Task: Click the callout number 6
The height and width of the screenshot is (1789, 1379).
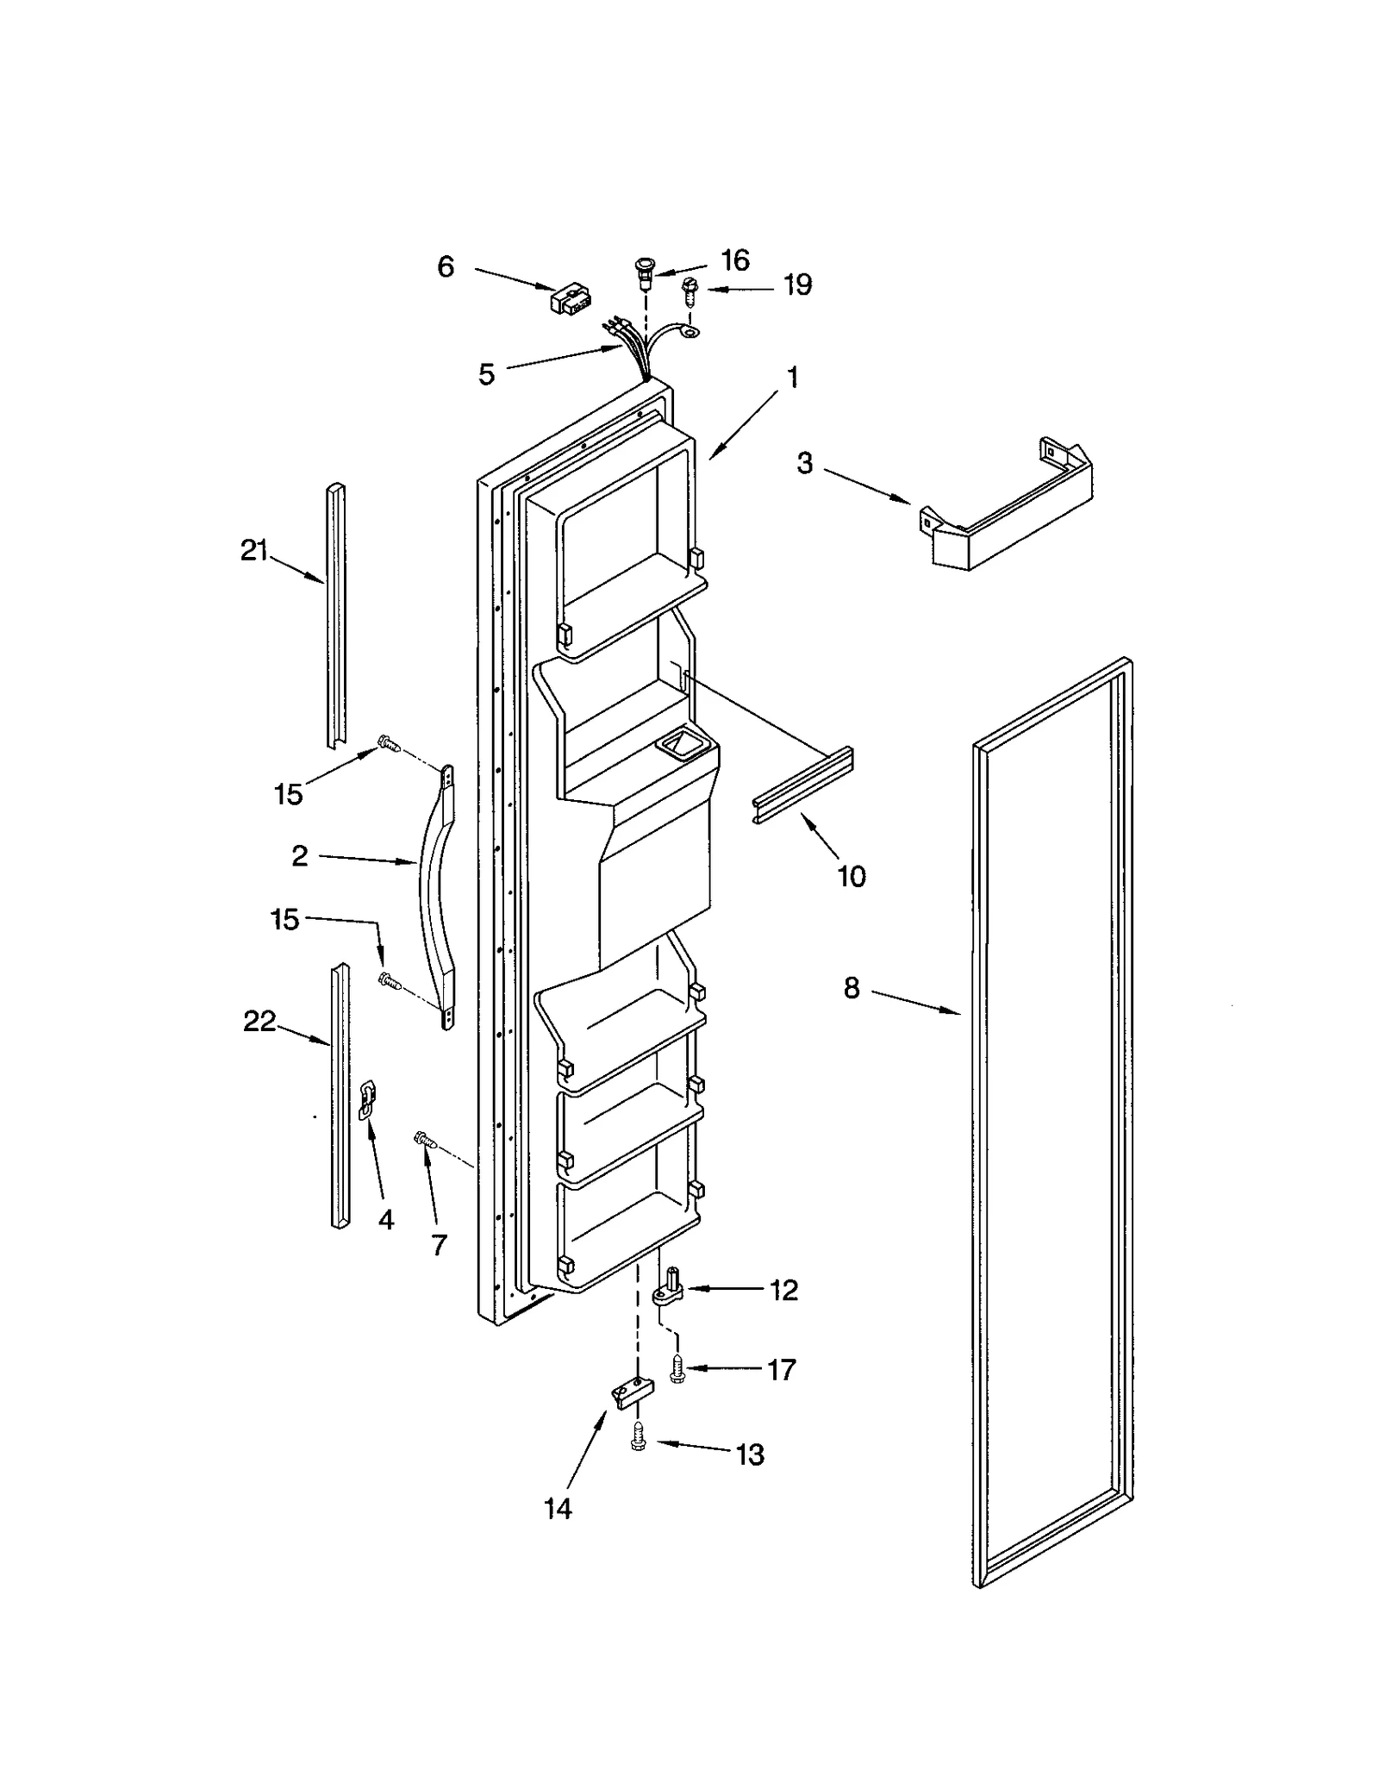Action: pos(445,266)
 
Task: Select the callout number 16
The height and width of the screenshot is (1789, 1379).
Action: pos(735,260)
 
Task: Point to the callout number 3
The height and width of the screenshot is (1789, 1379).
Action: pos(804,463)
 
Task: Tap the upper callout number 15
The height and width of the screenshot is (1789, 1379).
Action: pos(288,793)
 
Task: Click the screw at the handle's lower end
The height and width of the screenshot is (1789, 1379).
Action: pos(390,979)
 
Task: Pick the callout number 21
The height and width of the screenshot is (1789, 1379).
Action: pos(254,550)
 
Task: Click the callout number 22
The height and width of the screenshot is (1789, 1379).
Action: pos(259,1021)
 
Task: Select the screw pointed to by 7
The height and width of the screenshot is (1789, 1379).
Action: pos(424,1140)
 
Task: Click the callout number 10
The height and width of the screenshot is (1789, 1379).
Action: pos(852,876)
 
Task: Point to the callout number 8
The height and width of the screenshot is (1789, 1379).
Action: pos(852,988)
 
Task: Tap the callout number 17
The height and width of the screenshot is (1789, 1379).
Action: pos(781,1369)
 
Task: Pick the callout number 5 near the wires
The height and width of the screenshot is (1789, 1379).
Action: pos(487,374)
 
